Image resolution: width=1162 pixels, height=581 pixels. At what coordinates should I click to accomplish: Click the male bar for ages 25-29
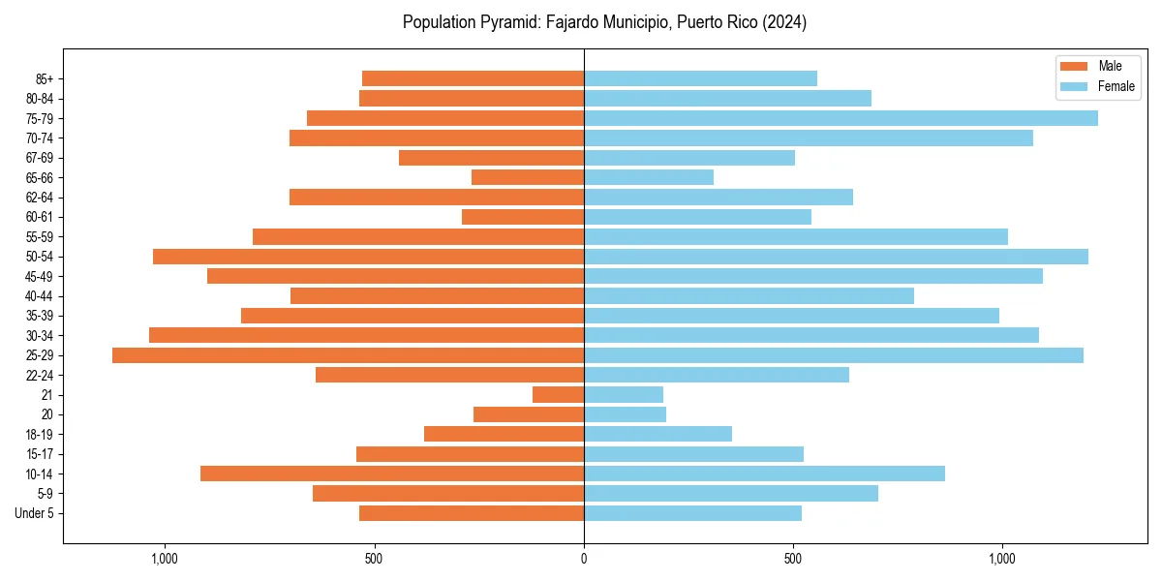tap(349, 355)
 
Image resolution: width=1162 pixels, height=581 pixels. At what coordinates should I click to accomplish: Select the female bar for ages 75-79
tap(841, 118)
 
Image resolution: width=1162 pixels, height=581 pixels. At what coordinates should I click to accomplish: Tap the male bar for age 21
tap(559, 395)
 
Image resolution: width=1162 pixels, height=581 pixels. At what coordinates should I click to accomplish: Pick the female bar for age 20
tap(626, 414)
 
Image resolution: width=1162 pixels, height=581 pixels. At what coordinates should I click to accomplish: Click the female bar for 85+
tap(700, 78)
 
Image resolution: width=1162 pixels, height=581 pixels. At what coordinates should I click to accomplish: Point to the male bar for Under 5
tap(472, 513)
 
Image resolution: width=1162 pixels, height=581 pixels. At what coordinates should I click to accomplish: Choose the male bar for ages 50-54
tap(369, 257)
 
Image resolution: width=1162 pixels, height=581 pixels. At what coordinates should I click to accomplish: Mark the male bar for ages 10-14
tap(392, 474)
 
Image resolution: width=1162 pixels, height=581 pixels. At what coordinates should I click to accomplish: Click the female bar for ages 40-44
tap(749, 296)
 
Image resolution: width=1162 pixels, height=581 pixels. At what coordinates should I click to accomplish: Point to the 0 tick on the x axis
tap(584, 559)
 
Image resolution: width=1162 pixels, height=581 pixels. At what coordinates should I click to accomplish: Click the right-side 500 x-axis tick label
tap(793, 559)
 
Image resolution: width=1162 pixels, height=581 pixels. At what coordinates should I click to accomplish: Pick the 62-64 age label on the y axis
tap(41, 198)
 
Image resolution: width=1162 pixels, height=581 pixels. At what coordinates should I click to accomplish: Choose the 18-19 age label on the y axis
tap(41, 435)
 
